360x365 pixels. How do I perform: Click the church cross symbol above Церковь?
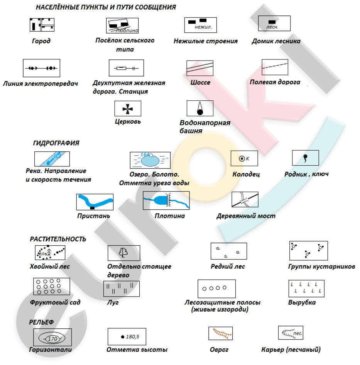128,109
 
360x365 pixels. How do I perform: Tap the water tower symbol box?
200,108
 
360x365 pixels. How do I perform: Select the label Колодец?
246,174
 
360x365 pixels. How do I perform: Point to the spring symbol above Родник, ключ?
305,158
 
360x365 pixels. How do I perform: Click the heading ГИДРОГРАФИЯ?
56,143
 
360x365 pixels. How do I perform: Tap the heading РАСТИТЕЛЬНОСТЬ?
58,239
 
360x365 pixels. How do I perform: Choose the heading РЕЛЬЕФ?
41,322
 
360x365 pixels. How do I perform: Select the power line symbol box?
41,68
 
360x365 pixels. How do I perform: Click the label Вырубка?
302,302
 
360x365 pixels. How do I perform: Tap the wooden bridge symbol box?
244,200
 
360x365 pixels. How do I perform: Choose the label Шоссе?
200,83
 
